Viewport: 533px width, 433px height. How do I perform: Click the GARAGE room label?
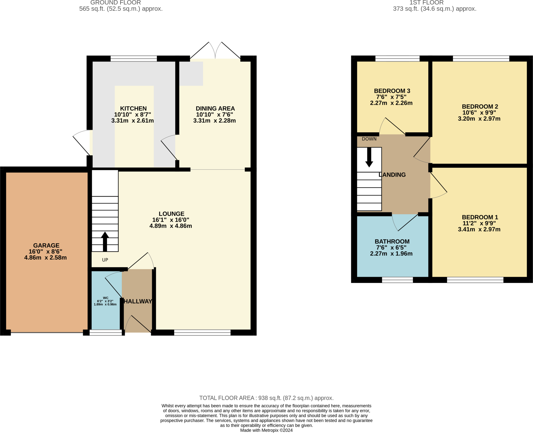tap(46, 245)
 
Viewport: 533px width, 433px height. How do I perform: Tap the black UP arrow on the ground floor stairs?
tap(105, 242)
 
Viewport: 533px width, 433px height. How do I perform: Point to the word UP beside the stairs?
tap(105, 260)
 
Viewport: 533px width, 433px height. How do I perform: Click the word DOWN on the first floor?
tap(369, 139)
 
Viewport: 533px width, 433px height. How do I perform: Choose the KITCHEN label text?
tap(133, 109)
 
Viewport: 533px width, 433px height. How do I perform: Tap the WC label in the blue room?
tap(105, 298)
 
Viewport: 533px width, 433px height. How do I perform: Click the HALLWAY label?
tap(138, 301)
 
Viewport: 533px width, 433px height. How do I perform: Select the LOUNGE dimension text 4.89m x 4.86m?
tap(171, 226)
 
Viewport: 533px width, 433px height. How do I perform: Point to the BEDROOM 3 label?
tap(392, 91)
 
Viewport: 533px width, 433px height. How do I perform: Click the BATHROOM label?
tap(392, 241)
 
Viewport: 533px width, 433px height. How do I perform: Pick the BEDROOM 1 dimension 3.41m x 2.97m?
tap(479, 229)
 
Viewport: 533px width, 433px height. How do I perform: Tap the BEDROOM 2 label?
tap(480, 106)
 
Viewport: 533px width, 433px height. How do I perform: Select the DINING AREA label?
tap(215, 109)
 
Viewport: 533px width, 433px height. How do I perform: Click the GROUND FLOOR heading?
tap(116, 3)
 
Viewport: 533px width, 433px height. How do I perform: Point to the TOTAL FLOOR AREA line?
tap(266, 398)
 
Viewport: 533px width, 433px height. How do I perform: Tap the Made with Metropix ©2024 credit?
tap(266, 430)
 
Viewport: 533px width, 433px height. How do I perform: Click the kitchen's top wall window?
tap(134, 59)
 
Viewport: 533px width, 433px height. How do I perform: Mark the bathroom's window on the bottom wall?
tap(397, 280)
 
